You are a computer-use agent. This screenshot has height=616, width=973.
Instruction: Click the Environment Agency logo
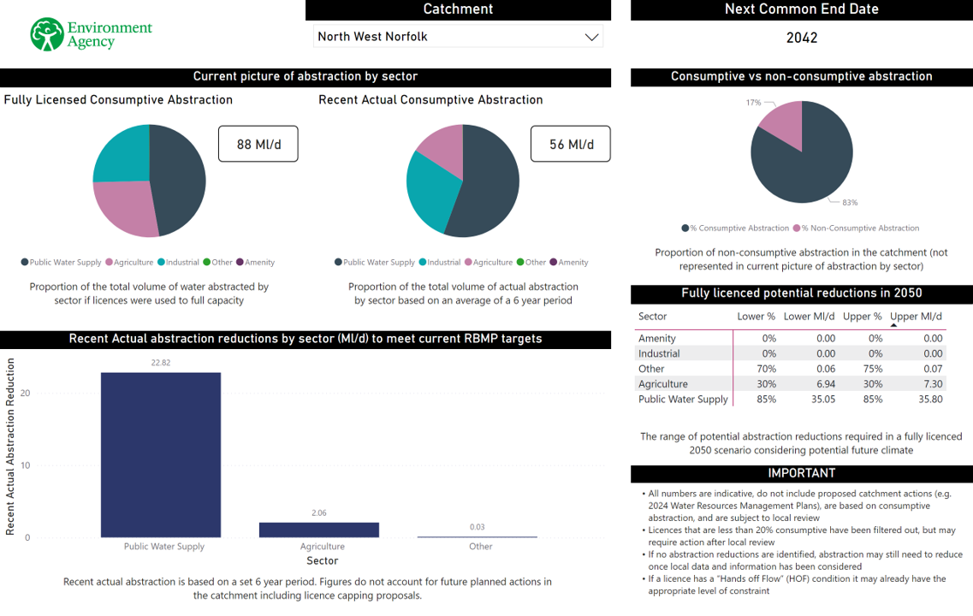91,34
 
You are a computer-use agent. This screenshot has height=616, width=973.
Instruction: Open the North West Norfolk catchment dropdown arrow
590,37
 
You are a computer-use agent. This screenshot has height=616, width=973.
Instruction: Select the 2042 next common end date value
802,38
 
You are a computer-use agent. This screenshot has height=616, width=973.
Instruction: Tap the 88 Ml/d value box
258,144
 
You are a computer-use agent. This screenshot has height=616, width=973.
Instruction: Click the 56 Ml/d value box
570,144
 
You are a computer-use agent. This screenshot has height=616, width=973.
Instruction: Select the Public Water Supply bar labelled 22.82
161,454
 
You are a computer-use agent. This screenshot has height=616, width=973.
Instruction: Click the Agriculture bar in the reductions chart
318,530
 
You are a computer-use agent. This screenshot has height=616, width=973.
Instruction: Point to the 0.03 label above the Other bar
478,527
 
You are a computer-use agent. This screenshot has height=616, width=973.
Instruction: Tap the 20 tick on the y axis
26,394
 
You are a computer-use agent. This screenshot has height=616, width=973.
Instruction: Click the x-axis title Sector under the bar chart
322,561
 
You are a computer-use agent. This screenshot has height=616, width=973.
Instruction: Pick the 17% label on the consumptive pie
753,103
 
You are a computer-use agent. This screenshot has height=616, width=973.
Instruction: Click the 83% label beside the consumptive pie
850,203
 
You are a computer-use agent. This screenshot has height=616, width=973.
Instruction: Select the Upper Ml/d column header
917,317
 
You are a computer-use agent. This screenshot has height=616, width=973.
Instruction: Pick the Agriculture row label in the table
663,384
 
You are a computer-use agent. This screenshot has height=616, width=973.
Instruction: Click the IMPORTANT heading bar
802,473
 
